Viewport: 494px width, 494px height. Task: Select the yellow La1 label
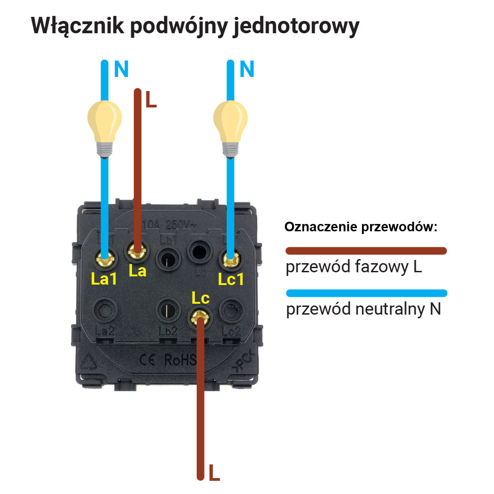104,279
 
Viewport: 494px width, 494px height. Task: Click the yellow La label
137,271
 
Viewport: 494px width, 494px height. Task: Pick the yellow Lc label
200,298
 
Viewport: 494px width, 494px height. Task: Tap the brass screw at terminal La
136,250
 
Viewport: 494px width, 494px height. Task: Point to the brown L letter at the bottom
214,474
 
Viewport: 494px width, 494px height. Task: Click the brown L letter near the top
151,100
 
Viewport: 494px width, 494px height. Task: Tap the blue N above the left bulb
121,69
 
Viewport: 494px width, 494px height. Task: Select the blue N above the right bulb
246,69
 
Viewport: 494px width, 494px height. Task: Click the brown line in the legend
366,250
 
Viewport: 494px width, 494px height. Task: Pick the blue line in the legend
366,293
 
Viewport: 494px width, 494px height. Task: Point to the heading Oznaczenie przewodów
361,227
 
